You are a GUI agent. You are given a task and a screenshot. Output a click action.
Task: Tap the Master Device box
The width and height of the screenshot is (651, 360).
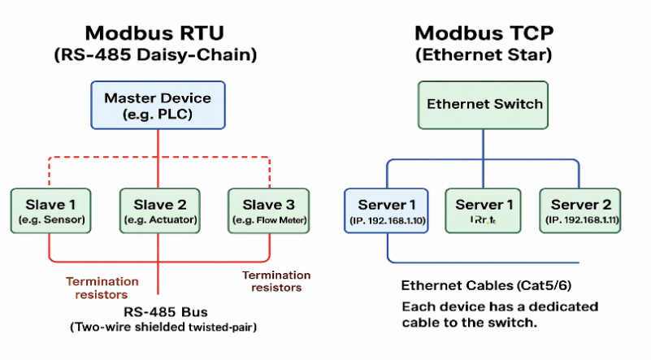click(158, 105)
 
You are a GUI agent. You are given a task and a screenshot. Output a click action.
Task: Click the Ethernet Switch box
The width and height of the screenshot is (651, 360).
click(484, 104)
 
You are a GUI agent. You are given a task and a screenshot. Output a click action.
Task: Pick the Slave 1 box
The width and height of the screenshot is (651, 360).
click(50, 210)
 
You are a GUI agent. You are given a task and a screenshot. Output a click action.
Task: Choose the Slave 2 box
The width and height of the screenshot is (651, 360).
click(159, 210)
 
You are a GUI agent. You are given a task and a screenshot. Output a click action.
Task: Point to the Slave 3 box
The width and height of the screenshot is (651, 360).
click(268, 210)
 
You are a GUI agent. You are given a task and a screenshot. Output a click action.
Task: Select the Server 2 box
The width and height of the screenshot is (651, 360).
click(580, 210)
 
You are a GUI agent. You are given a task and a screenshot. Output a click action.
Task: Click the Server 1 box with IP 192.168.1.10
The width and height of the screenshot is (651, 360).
click(387, 210)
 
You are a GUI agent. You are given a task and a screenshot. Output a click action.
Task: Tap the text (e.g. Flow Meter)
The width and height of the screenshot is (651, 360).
click(268, 220)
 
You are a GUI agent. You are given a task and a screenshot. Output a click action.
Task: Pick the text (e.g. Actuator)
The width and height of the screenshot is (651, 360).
click(159, 220)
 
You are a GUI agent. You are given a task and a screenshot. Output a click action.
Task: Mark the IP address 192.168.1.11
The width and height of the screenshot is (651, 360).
click(585, 220)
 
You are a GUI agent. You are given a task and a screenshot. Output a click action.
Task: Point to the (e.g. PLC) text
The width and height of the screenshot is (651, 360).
click(158, 114)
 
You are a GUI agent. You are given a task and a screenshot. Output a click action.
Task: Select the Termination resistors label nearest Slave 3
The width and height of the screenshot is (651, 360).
click(276, 281)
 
